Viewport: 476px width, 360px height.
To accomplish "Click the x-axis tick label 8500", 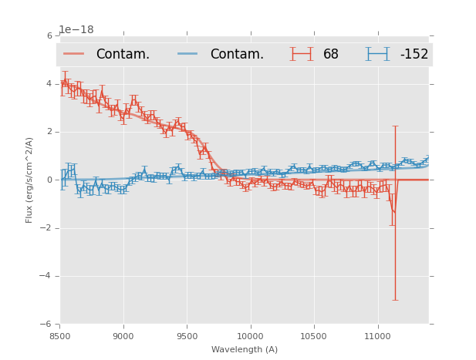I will [60, 335].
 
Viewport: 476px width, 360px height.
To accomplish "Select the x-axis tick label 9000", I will [123, 335].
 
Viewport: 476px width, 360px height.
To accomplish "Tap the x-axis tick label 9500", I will [187, 335].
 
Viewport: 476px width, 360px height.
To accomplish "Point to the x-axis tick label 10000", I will [250, 335].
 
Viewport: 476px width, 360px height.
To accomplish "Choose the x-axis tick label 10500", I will [314, 335].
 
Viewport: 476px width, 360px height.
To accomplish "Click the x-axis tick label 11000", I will [377, 335].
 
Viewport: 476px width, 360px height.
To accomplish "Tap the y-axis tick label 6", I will [49, 35].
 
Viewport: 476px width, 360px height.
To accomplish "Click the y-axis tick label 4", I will [49, 83].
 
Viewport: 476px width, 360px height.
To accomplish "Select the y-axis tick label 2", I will [49, 132].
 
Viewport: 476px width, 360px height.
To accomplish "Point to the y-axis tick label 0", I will [49, 180].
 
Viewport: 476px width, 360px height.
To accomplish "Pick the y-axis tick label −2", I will [47, 227].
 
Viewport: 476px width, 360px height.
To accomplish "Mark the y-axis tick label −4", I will [47, 276].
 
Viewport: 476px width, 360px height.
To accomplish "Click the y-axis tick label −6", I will [47, 324].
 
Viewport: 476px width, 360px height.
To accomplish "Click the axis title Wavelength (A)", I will [245, 349].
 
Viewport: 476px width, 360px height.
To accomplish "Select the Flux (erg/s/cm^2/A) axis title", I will [29, 180].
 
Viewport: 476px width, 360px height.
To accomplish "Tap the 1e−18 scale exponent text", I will [76, 29].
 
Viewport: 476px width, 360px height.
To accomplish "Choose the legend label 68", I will [331, 55].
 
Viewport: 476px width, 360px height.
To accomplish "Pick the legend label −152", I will [414, 55].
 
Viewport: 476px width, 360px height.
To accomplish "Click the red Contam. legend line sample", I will [74, 54].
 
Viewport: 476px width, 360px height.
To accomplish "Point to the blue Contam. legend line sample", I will [187, 54].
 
